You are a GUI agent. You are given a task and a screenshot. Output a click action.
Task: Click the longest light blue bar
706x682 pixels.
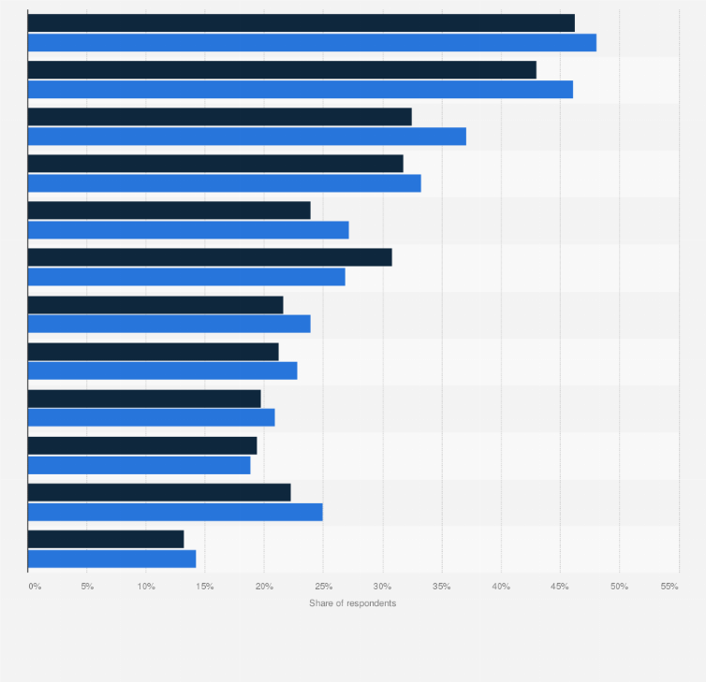[x=312, y=42]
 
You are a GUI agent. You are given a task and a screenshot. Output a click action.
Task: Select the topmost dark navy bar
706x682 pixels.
[x=301, y=23]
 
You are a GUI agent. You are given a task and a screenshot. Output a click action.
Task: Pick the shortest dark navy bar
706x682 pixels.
[x=106, y=539]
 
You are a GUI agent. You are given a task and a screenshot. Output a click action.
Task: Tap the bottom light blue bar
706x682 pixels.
[x=111, y=559]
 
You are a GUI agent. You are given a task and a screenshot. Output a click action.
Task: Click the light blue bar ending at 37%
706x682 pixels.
[x=246, y=137]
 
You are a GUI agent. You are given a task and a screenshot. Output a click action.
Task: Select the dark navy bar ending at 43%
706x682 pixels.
[x=282, y=70]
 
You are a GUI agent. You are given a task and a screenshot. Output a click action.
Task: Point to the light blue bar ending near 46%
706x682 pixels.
[x=300, y=89]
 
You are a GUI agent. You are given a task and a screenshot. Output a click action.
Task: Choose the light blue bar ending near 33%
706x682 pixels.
[x=224, y=183]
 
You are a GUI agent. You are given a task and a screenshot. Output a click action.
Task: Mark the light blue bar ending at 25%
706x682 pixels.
[x=175, y=512]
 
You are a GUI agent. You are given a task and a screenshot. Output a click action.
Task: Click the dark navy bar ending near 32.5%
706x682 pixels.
[x=219, y=117]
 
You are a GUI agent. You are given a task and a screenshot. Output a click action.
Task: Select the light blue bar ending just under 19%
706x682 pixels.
[x=139, y=465]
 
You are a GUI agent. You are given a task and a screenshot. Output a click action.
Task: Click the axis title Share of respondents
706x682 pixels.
[x=352, y=603]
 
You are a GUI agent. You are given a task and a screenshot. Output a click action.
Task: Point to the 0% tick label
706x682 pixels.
[x=35, y=586]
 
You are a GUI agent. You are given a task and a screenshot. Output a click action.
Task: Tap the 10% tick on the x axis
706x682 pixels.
[x=146, y=586]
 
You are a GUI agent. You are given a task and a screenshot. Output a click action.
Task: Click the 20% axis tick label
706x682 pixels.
[x=264, y=586]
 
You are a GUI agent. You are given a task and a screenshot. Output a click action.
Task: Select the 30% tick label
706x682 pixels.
[x=382, y=586]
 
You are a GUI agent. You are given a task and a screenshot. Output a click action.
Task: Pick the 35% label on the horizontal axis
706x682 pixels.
[x=442, y=586]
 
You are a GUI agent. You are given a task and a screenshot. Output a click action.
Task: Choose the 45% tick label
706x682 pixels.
[x=560, y=586]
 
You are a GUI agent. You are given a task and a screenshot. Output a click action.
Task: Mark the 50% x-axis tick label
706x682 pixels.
[x=619, y=586]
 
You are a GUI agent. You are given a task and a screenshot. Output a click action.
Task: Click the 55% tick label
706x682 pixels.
[x=669, y=586]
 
